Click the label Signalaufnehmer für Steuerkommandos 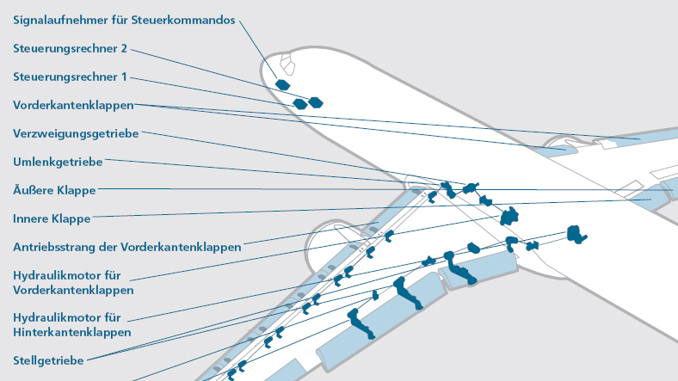[x=124, y=20]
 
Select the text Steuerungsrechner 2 [x=71, y=49]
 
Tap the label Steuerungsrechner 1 [x=71, y=77]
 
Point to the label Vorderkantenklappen [x=73, y=105]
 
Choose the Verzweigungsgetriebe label [x=76, y=133]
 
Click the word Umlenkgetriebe [x=59, y=162]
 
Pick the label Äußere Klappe [x=54, y=190]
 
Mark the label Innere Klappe [x=52, y=218]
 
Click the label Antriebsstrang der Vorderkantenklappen [x=126, y=247]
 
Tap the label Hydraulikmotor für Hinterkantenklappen [x=71, y=323]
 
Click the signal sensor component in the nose [x=281, y=83]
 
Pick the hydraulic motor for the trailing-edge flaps [x=575, y=232]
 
